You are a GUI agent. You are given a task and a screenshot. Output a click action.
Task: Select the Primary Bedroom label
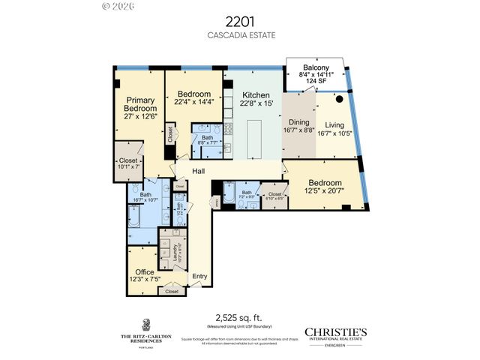pos(139,104)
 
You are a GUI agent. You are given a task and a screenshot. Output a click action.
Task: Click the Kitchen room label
pos(255,96)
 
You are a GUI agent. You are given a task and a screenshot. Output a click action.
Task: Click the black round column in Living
pos(339,98)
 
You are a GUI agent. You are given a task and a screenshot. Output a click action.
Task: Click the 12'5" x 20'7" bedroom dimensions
pos(325,192)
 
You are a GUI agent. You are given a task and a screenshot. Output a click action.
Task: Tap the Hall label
pos(198,172)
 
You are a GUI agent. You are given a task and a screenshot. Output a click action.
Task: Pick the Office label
pos(145,271)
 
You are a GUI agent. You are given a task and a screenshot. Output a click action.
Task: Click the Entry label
pos(199,276)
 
